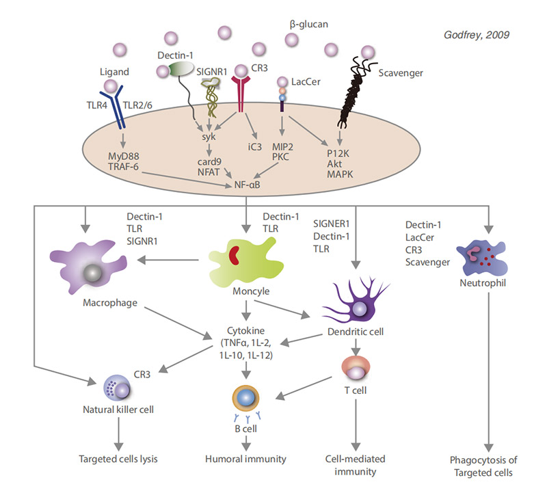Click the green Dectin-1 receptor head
pyautogui.click(x=182, y=70)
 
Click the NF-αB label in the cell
pyautogui.click(x=245, y=185)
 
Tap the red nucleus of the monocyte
pyautogui.click(x=235, y=255)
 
